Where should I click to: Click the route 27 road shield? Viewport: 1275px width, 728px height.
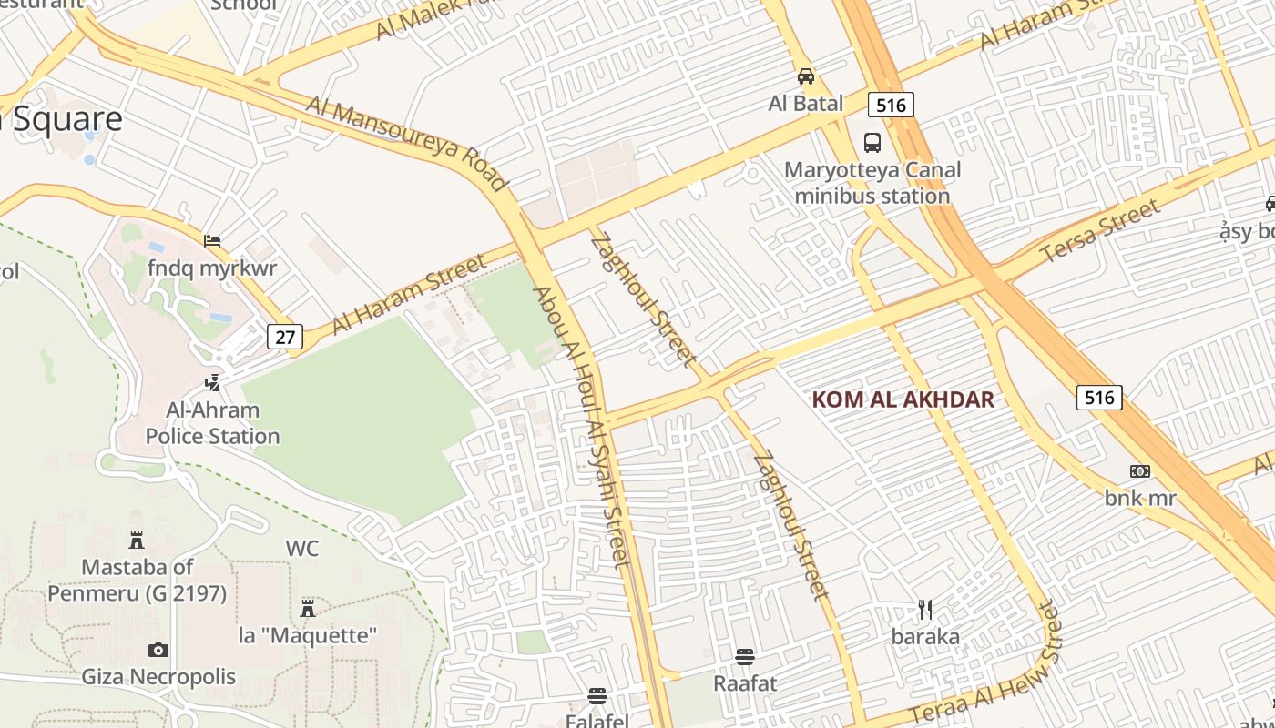pos(285,337)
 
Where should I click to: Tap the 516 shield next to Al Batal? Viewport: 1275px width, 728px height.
pos(890,105)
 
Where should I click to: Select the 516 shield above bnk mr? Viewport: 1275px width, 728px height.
pos(1099,397)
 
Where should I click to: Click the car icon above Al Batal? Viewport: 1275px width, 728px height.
pos(806,76)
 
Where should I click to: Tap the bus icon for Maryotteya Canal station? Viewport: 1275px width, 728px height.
pos(872,142)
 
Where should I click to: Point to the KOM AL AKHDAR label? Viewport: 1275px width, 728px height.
pos(903,399)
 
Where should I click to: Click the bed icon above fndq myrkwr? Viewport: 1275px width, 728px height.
pos(212,241)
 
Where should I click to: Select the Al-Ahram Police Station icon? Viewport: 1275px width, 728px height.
pos(213,382)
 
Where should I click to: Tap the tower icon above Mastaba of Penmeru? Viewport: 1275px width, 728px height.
pos(137,540)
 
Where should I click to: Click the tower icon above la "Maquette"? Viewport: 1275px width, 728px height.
pos(308,607)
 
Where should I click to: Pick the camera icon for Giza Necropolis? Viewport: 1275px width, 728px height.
pos(158,650)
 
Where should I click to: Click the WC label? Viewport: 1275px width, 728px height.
pos(302,549)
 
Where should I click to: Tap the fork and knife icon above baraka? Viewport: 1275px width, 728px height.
pos(925,609)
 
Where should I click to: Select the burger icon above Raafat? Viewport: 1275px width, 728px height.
pos(745,656)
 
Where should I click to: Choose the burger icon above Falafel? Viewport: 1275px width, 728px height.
pos(597,696)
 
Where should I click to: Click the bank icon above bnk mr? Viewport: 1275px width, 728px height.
pos(1140,470)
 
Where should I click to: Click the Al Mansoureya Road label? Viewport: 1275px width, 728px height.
pos(406,144)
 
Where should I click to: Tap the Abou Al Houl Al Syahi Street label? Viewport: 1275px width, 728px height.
pos(582,428)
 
